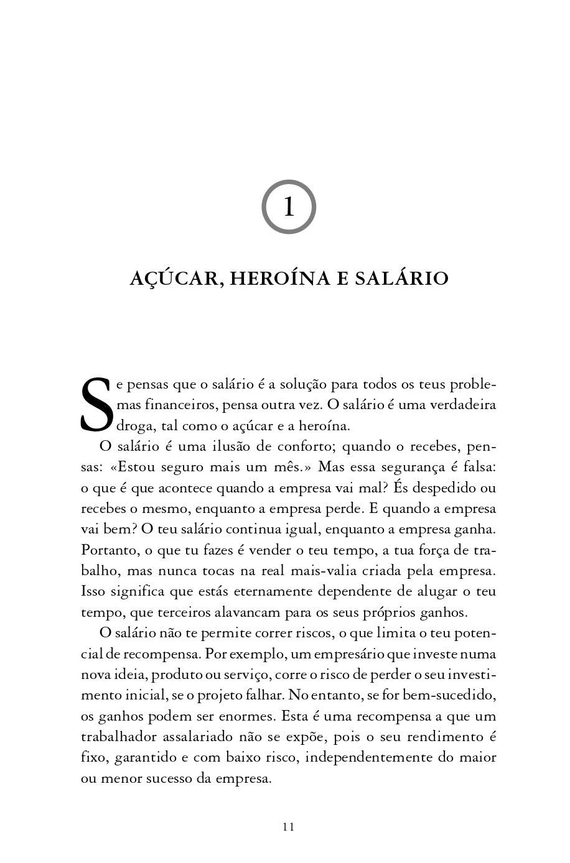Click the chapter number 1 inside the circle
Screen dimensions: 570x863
(288, 207)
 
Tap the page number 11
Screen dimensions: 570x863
(288, 826)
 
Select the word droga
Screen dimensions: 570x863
(136, 426)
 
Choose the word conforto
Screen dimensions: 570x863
(301, 446)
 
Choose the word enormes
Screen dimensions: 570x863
(250, 716)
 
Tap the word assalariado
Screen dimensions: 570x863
(197, 737)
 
